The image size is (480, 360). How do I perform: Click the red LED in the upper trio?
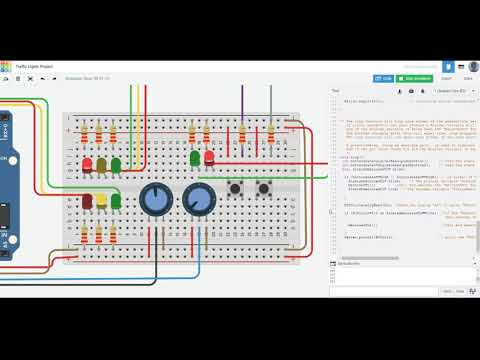click(x=88, y=163)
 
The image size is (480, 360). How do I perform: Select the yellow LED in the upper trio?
click(x=102, y=163)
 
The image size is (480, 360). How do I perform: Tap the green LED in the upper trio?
click(x=116, y=163)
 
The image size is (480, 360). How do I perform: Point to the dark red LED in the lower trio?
click(x=88, y=201)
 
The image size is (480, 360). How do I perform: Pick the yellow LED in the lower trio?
click(x=102, y=201)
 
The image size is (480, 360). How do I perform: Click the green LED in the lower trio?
click(x=116, y=201)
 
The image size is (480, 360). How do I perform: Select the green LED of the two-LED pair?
click(x=195, y=157)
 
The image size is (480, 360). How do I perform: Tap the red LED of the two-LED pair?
click(x=209, y=157)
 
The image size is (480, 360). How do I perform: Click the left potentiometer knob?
click(x=155, y=199)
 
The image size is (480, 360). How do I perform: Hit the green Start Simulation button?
click(x=416, y=77)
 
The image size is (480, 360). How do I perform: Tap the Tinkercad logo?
click(x=6, y=66)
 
